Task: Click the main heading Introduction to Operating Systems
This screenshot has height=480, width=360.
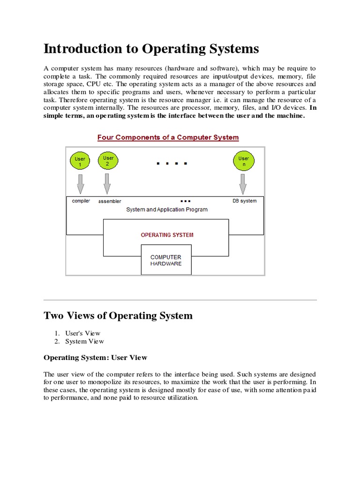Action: click(x=151, y=49)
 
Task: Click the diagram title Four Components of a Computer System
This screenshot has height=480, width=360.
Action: click(x=168, y=137)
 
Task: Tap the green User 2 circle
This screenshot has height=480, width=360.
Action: click(x=108, y=161)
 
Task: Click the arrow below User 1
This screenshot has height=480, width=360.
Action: click(x=80, y=184)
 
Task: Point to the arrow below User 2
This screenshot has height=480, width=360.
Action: click(x=107, y=184)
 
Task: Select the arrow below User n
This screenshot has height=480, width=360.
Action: click(x=243, y=184)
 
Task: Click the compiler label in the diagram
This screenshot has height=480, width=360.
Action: click(x=81, y=201)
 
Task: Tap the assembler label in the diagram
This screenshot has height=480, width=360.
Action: click(x=110, y=202)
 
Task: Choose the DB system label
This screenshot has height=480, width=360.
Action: click(x=244, y=201)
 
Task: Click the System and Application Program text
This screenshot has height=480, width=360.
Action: click(x=167, y=210)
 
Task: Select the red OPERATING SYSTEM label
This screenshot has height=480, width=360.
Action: click(x=167, y=235)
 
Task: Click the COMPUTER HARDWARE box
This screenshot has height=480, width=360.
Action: click(x=165, y=261)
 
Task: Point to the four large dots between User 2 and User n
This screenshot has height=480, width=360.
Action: click(x=172, y=164)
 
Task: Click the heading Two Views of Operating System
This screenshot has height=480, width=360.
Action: click(x=118, y=315)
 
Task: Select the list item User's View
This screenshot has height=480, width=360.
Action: click(x=83, y=333)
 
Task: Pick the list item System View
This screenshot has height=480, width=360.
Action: click(x=84, y=341)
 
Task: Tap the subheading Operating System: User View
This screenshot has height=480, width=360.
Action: click(x=95, y=358)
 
